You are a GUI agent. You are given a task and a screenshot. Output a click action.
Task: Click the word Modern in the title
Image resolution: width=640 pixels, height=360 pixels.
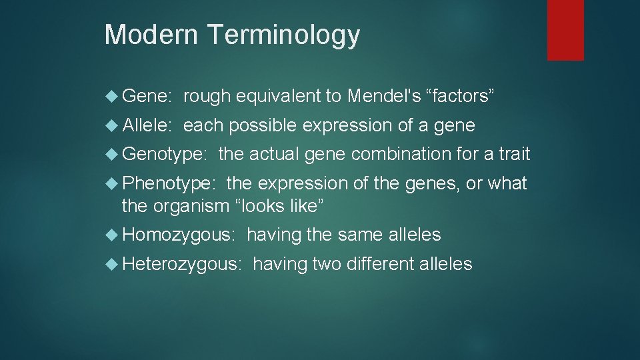(x=149, y=35)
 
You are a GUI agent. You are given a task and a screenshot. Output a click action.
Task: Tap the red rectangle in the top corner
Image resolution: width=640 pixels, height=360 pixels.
(x=565, y=30)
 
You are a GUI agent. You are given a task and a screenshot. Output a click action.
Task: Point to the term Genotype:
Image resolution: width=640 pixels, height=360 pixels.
(x=165, y=155)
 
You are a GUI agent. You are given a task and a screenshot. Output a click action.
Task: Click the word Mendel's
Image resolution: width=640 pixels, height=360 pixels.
(x=384, y=96)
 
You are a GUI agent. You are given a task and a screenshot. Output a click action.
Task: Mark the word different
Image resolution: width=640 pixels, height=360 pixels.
(x=379, y=264)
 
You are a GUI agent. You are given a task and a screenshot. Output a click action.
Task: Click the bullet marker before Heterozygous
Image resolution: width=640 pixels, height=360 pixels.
(x=113, y=264)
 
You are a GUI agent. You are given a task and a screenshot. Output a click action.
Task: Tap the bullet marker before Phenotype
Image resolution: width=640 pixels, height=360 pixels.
(x=113, y=183)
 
